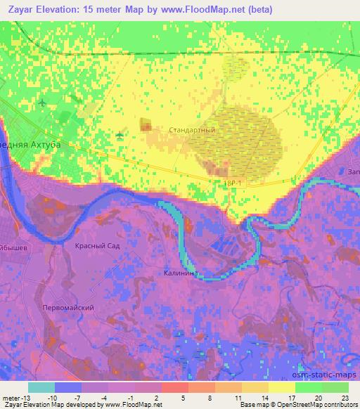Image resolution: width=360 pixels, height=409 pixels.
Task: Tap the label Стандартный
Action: pyautogui.click(x=192, y=131)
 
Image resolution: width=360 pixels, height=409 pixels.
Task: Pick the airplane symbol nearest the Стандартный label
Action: pyautogui.click(x=120, y=134)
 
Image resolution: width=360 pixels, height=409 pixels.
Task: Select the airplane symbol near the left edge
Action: pyautogui.click(x=44, y=103)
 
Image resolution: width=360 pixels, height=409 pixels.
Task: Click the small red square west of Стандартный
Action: pyautogui.click(x=146, y=124)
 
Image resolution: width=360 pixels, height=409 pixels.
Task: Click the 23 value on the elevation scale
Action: pyautogui.click(x=345, y=397)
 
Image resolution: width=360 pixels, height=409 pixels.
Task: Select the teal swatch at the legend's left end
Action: pyautogui.click(x=42, y=387)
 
